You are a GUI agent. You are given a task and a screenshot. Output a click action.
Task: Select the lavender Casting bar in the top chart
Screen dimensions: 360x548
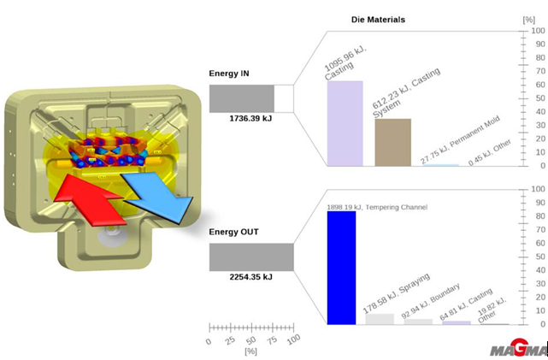click(345, 123)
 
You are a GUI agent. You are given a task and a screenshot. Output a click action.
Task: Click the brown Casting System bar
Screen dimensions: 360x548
click(392, 142)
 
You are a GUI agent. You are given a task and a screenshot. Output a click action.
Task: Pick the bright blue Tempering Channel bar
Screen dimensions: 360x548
click(341, 268)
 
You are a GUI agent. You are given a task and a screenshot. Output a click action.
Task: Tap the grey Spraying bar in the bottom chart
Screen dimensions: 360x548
click(380, 319)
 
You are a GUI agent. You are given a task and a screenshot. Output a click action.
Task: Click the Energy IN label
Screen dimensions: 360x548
click(229, 74)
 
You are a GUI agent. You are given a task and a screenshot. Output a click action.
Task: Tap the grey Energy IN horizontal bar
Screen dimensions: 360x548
click(242, 97)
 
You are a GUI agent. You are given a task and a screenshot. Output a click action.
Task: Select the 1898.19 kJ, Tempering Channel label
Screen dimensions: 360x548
click(376, 207)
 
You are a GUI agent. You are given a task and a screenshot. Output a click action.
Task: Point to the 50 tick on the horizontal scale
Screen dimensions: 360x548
click(251, 340)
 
